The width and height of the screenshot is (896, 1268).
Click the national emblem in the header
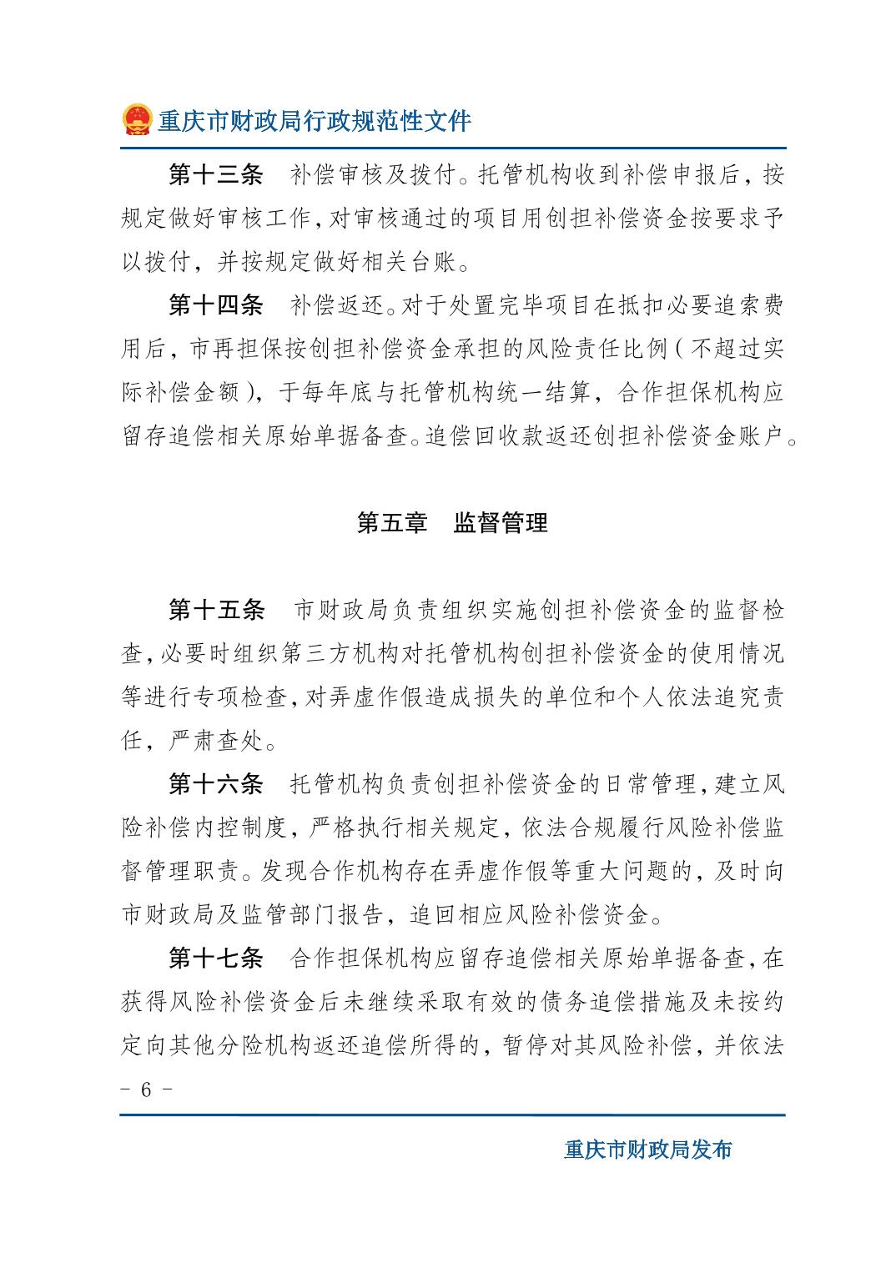[137, 120]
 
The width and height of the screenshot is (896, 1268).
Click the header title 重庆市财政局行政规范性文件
[315, 122]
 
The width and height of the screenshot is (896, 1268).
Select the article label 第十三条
[215, 175]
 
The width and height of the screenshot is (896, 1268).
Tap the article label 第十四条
[215, 305]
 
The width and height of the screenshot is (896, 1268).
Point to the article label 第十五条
[215, 611]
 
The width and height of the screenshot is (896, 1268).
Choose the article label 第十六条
[215, 784]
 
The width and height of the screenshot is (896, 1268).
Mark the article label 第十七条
[215, 959]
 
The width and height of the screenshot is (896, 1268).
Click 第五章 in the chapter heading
[391, 523]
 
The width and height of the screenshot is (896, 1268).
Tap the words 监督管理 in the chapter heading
[501, 523]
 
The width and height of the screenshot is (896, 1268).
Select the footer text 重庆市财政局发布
[648, 1150]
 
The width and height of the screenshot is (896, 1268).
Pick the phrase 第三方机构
[330, 654]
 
